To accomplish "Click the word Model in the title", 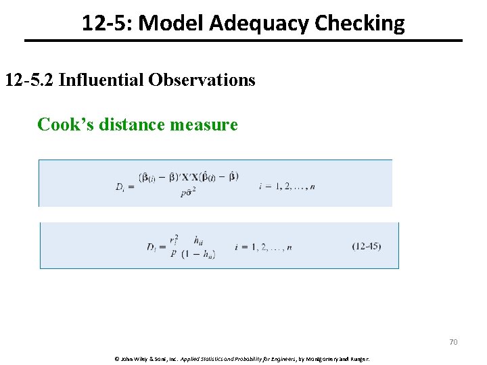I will [x=171, y=24].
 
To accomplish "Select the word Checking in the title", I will [x=359, y=24].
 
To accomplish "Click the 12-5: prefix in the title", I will [x=108, y=24].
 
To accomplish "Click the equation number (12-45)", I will [x=366, y=246].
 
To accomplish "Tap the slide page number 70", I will [x=453, y=342].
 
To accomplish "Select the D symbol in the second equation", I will [x=152, y=247].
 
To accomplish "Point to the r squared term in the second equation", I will [x=174, y=239].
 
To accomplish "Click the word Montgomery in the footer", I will [x=325, y=358].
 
